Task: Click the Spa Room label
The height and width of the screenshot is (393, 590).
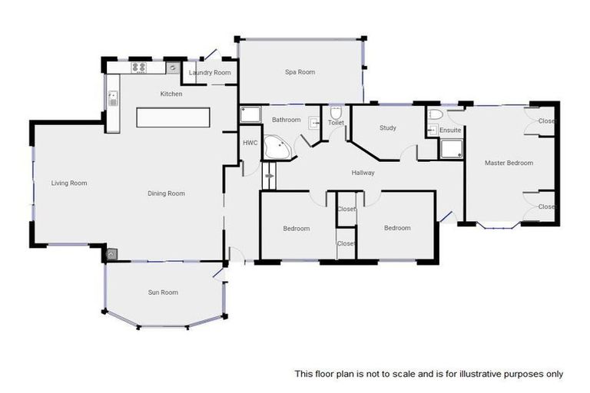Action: tap(300, 72)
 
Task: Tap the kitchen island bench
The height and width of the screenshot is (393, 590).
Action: tap(173, 117)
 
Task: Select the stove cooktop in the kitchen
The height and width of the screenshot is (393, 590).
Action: tap(139, 68)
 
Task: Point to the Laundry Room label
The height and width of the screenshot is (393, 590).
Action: tap(210, 73)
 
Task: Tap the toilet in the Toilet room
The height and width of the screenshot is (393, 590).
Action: tap(336, 111)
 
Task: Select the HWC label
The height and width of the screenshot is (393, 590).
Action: tap(250, 143)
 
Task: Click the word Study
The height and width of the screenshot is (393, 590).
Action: tap(387, 128)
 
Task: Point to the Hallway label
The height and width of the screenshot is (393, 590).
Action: tap(363, 173)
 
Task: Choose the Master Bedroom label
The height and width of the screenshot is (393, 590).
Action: tap(508, 163)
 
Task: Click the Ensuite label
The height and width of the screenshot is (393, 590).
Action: tap(450, 130)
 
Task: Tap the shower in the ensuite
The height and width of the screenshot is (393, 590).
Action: tap(450, 148)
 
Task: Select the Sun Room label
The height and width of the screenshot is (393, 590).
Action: tap(163, 292)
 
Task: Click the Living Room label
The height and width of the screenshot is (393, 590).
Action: tap(69, 183)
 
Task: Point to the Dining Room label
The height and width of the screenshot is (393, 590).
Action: tap(166, 193)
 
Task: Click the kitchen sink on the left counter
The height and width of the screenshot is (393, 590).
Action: tap(113, 97)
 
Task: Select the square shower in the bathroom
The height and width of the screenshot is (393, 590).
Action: tap(250, 116)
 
